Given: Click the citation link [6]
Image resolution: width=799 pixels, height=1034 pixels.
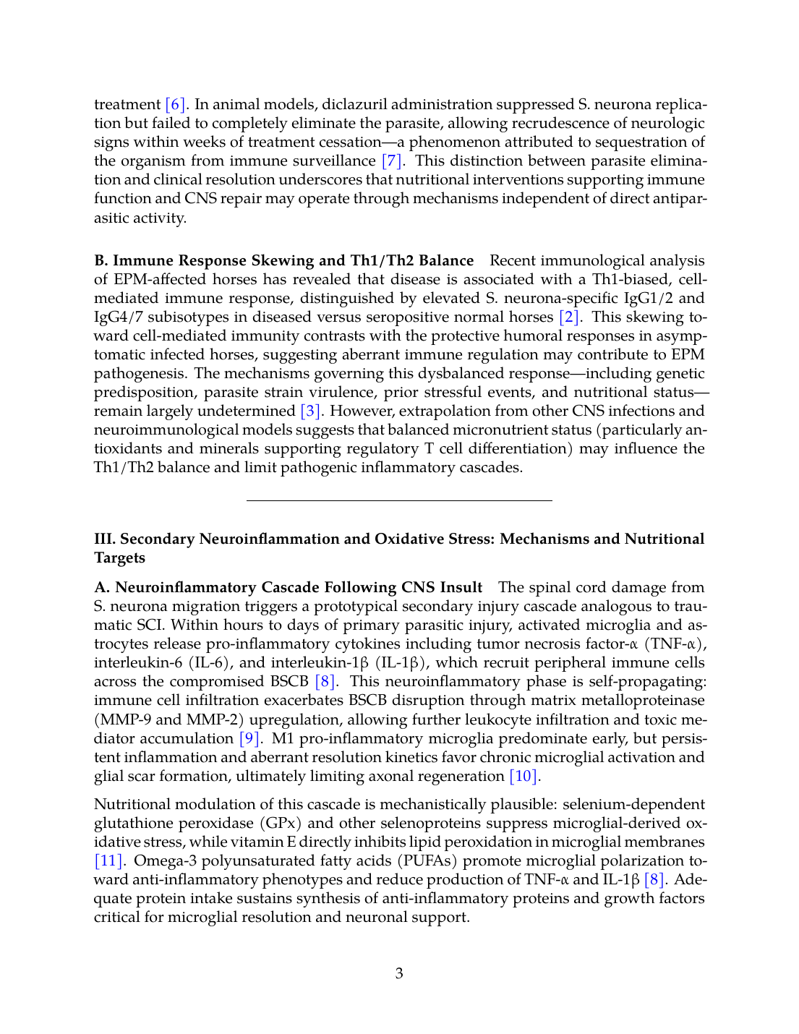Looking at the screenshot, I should point(176,104).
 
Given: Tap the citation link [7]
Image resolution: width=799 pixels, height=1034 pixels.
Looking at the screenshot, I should point(392,161).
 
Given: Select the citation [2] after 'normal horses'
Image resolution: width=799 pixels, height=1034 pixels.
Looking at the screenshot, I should point(569,317).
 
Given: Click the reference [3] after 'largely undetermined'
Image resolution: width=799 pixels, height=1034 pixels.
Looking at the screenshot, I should point(310,411).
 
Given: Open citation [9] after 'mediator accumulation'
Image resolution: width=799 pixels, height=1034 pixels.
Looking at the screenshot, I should point(249,738).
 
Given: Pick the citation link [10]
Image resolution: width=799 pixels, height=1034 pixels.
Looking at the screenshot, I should point(524,776).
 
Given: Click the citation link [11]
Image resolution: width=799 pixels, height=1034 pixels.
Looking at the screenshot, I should point(108,860).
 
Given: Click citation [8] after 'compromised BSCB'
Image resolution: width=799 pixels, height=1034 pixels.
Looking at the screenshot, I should point(325,681).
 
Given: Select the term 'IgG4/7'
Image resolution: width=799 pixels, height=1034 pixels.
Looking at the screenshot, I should point(118,317).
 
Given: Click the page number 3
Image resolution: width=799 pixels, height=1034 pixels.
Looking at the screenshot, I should point(399,973).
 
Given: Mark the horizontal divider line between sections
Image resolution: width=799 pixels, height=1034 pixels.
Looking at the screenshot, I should point(399,500).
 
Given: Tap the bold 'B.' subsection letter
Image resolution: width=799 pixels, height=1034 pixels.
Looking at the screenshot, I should point(101,260).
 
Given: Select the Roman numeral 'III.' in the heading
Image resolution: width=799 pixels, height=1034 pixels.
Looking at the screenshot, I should point(105,539).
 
